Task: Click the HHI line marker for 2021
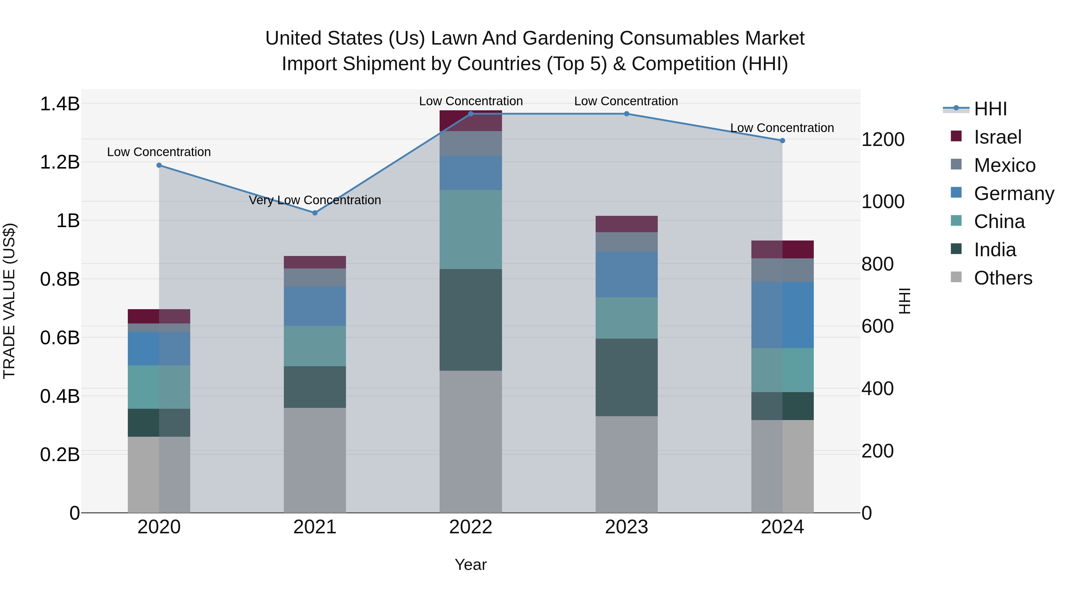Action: [x=314, y=213]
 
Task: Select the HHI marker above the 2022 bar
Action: [x=471, y=114]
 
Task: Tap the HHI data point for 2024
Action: [x=782, y=140]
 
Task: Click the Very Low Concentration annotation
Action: [x=314, y=200]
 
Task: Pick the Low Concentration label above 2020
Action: [x=159, y=152]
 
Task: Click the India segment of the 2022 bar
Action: [x=471, y=320]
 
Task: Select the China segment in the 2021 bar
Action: [x=314, y=346]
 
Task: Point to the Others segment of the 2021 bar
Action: [x=314, y=460]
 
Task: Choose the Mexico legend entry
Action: [x=1004, y=165]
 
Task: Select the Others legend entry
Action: [x=1003, y=278]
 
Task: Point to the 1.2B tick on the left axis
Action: [x=60, y=162]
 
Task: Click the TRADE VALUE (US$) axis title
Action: [x=10, y=301]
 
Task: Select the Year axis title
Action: [x=470, y=565]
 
